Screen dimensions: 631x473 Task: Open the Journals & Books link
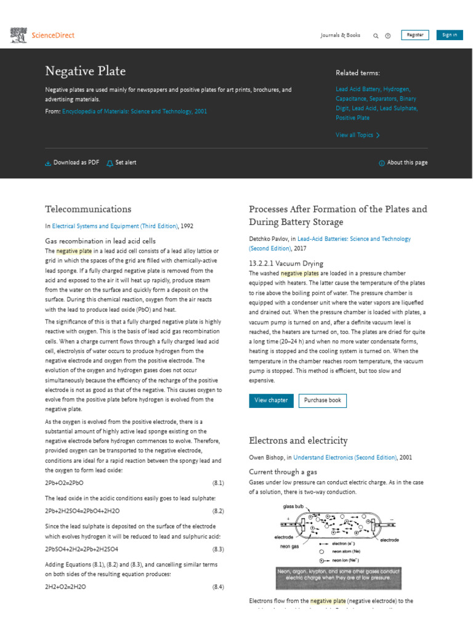340,35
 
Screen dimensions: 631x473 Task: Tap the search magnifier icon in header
376,36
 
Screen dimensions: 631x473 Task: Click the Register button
415,35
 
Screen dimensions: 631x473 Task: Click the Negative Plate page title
86,72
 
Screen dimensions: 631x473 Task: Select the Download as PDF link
72,163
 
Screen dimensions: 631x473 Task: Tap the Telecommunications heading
88,209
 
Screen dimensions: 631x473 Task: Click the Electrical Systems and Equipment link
115,226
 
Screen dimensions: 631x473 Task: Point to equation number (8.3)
218,549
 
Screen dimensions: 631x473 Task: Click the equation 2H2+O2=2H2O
65,587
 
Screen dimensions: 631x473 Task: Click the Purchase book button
322,401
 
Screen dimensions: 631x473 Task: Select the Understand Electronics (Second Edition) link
345,458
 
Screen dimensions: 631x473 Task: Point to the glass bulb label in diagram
293,506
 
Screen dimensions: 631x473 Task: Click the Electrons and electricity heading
298,441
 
